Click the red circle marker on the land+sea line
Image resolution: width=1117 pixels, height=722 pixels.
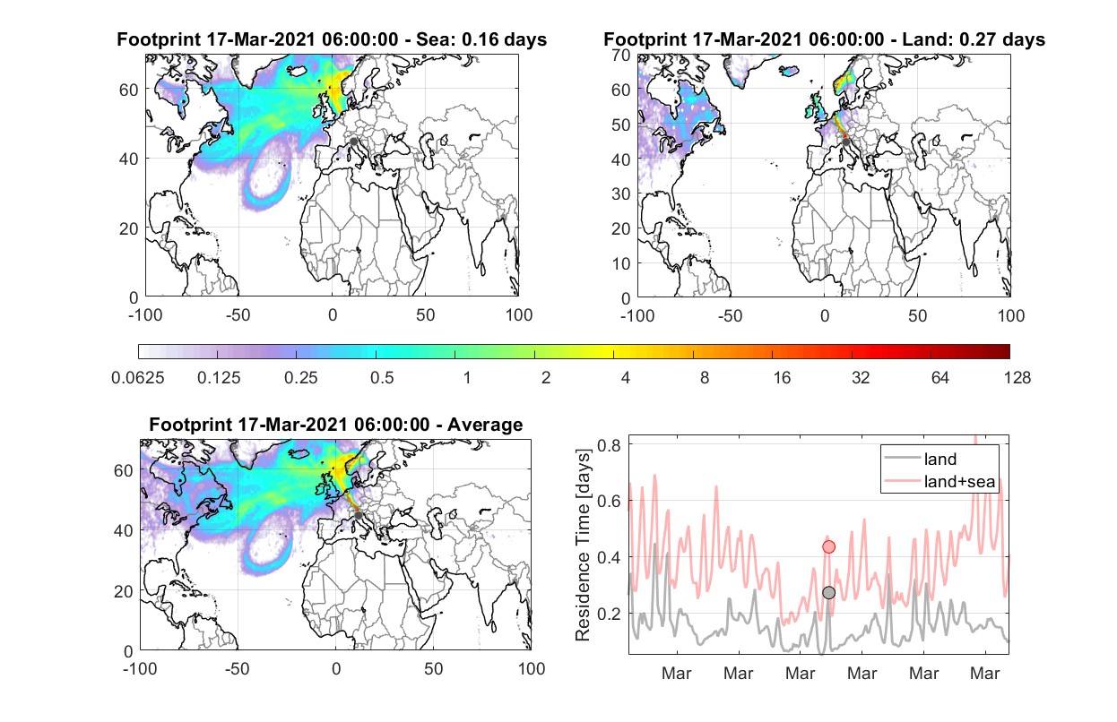click(828, 546)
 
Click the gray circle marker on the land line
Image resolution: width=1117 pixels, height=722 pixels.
click(828, 592)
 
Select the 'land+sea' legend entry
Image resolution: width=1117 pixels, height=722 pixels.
click(939, 481)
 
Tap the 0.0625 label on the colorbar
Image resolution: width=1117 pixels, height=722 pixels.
click(138, 378)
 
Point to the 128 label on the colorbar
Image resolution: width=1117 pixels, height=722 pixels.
click(1017, 378)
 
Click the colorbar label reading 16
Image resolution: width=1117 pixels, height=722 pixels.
click(782, 378)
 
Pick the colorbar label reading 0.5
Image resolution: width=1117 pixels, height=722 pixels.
click(382, 378)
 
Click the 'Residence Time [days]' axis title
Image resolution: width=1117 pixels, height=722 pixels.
click(583, 546)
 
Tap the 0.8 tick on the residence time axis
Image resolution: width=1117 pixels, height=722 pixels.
click(609, 444)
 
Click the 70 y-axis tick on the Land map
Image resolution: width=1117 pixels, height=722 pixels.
click(621, 55)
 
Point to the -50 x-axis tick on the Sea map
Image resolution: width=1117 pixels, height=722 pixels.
click(238, 315)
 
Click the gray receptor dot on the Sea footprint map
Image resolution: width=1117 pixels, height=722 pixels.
click(353, 142)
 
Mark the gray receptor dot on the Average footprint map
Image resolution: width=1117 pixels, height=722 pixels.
click(359, 515)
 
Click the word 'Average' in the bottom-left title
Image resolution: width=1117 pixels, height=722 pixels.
click(485, 425)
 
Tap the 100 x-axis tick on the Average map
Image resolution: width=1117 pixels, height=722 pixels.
click(532, 668)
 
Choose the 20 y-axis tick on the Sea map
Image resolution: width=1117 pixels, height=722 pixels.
click(129, 228)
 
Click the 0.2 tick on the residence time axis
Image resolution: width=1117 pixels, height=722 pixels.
click(609, 614)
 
